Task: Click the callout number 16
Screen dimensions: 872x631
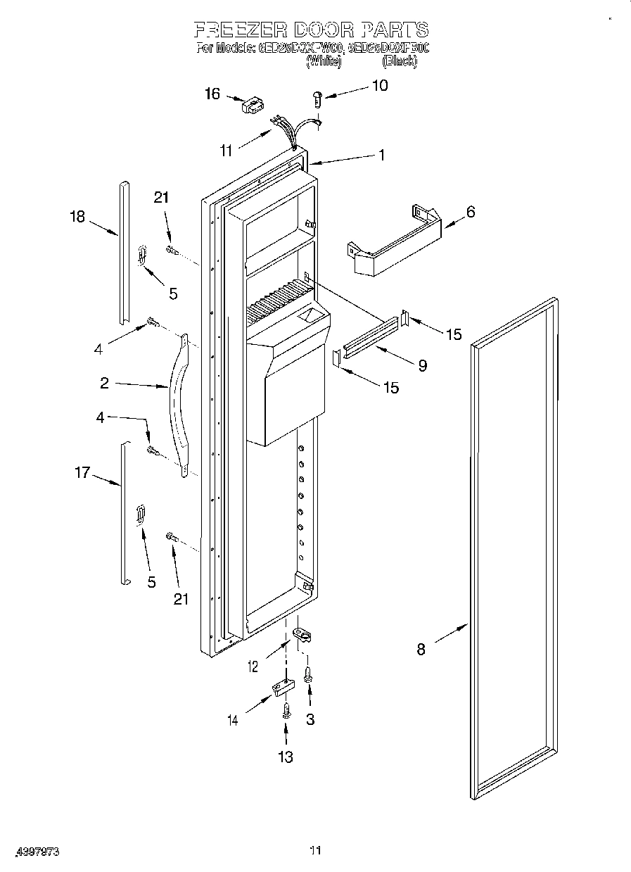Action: pos(212,94)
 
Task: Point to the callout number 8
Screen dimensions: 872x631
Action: pos(421,650)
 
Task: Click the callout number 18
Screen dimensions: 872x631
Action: pos(77,217)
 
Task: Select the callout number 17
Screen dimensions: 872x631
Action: pos(82,472)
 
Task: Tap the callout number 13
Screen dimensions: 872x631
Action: pos(286,757)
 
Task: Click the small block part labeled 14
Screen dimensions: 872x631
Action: pos(283,686)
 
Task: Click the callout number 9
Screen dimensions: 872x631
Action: pos(422,365)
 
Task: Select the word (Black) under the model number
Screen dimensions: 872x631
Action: pos(399,62)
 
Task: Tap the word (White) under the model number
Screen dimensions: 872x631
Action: pos(324,62)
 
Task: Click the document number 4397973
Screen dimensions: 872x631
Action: pos(34,852)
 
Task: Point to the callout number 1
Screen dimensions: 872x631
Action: pos(381,155)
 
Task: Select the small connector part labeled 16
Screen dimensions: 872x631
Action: pos(250,106)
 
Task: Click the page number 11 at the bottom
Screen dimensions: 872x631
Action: pos(315,851)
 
